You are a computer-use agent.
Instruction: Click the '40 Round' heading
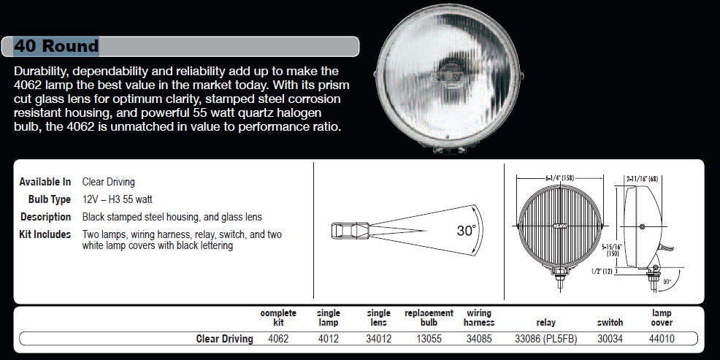[56, 46]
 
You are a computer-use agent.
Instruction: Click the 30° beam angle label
[466, 231]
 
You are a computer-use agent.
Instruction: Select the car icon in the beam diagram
[350, 231]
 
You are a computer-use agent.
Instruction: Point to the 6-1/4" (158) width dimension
[560, 177]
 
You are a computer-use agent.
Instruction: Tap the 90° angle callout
[667, 281]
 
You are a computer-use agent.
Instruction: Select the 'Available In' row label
[45, 182]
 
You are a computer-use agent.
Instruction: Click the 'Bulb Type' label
[50, 199]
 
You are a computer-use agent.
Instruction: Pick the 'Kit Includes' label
[45, 234]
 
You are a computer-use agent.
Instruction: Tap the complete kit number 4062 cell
[278, 339]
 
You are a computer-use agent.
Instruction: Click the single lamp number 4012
[329, 339]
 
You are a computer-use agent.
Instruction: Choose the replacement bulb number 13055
[429, 339]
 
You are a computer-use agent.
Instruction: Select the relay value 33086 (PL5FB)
[546, 339]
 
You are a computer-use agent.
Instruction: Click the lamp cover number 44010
[662, 339]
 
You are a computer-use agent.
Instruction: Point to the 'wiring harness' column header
[479, 318]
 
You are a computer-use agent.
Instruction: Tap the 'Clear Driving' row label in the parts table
[224, 339]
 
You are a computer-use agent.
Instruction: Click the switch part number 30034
[610, 339]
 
